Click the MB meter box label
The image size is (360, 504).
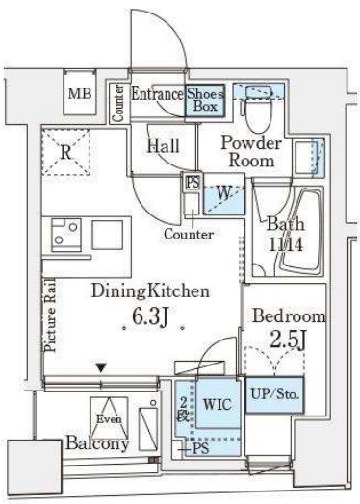click(80, 94)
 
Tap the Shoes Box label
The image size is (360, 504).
click(205, 100)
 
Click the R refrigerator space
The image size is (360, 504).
click(65, 152)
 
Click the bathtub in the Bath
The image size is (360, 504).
click(300, 231)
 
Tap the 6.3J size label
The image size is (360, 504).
click(150, 316)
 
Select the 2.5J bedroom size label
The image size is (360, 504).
click(287, 340)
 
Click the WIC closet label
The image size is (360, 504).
click(218, 404)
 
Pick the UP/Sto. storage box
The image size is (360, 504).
click(275, 394)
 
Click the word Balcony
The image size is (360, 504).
click(97, 443)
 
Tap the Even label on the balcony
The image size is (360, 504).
click(109, 419)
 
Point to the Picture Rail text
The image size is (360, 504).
click(50, 315)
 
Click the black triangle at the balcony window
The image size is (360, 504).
click(101, 367)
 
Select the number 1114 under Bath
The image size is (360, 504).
click(285, 245)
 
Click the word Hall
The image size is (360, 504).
click(163, 145)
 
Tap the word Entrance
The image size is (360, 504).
click(157, 94)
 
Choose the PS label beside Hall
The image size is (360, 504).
click(193, 183)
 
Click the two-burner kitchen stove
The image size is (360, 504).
click(66, 235)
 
